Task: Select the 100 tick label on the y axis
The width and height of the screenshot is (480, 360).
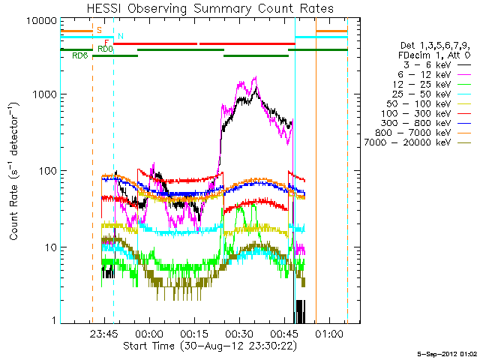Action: [46, 171]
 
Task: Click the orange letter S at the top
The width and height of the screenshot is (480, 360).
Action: [100, 30]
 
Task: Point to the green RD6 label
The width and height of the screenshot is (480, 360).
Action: [80, 55]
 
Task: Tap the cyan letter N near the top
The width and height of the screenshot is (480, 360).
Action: [121, 36]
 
